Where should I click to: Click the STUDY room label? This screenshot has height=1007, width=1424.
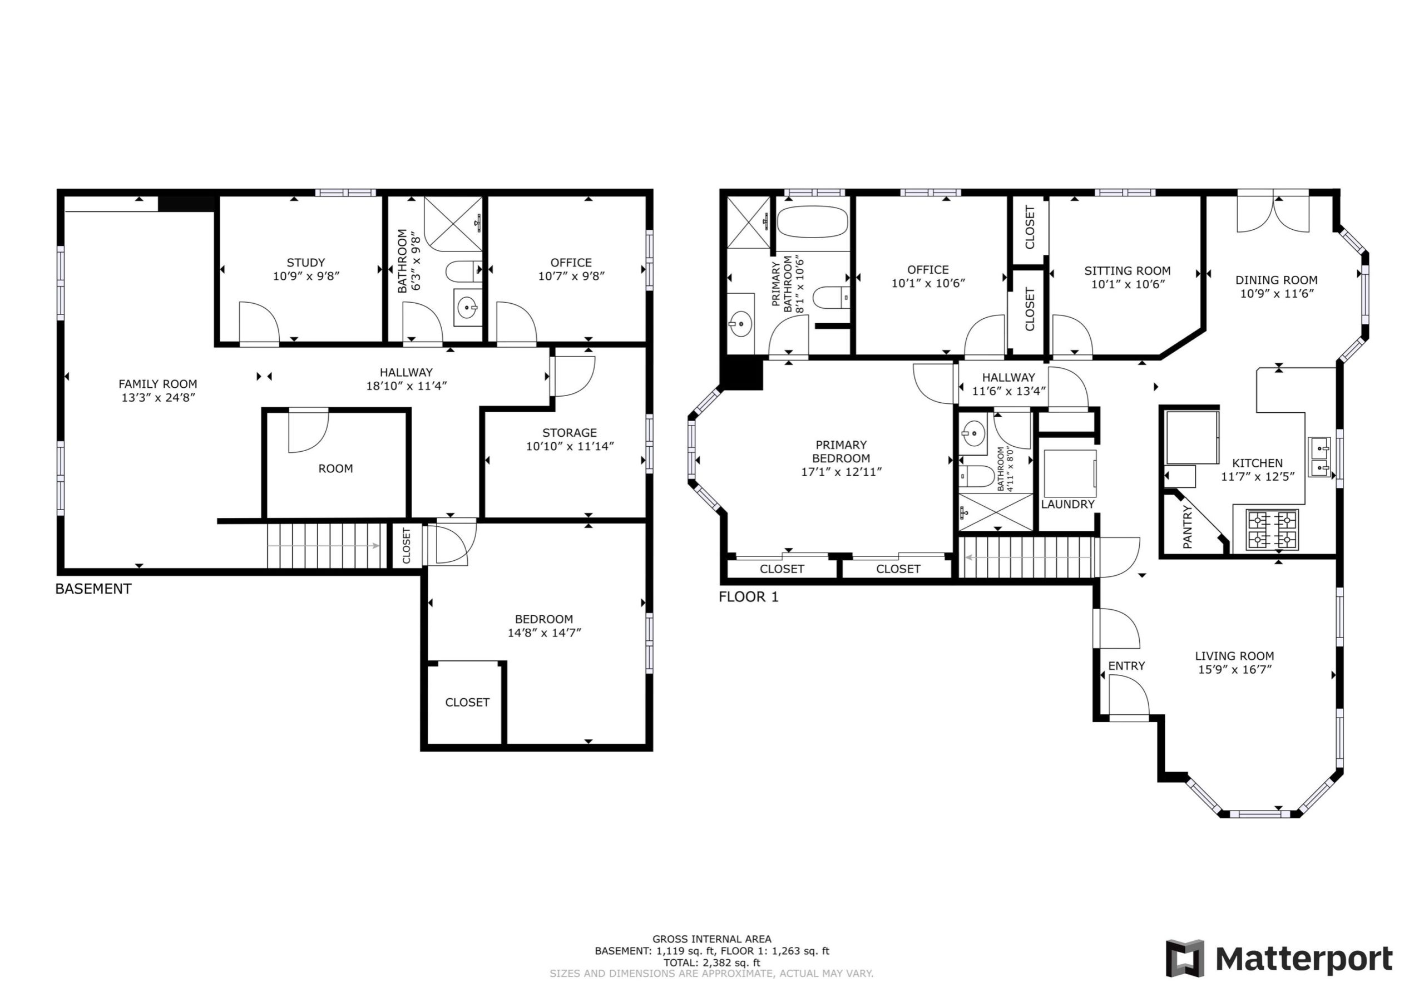pyautogui.click(x=306, y=263)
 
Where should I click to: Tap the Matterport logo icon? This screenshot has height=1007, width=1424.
pyautogui.click(x=1185, y=959)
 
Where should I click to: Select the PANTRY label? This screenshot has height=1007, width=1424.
pyautogui.click(x=1187, y=527)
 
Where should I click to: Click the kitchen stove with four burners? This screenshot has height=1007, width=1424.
pyautogui.click(x=1272, y=529)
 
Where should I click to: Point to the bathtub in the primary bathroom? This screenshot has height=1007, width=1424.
pyautogui.click(x=812, y=221)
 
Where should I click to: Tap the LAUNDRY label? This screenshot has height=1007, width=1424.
pyautogui.click(x=1067, y=505)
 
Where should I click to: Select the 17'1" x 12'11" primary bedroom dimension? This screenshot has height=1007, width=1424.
pyautogui.click(x=841, y=472)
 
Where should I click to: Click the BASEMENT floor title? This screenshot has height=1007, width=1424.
pyautogui.click(x=93, y=589)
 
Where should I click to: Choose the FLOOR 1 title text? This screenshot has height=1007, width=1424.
pyautogui.click(x=748, y=597)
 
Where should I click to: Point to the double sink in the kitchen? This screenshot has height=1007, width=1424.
pyautogui.click(x=1320, y=457)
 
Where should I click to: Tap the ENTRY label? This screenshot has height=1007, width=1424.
pyautogui.click(x=1126, y=666)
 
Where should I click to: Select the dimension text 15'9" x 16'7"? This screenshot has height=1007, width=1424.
pyautogui.click(x=1235, y=669)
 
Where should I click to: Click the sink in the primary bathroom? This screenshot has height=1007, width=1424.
pyautogui.click(x=740, y=323)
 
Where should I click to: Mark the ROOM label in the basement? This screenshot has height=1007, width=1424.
pyautogui.click(x=335, y=468)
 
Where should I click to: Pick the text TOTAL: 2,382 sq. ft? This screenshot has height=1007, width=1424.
pyautogui.click(x=711, y=963)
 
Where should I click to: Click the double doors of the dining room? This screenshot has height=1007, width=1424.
pyautogui.click(x=1273, y=215)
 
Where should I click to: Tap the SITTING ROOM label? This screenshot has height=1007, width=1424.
pyautogui.click(x=1128, y=270)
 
